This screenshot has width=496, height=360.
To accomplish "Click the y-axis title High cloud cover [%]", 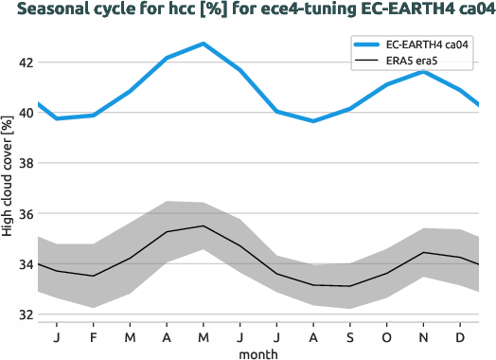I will [8, 189].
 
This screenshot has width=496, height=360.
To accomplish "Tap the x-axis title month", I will [258, 352].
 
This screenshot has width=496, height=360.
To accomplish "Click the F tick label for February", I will [94, 336].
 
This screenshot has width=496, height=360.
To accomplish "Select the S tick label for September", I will [350, 336].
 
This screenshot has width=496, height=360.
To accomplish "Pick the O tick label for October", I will [387, 336].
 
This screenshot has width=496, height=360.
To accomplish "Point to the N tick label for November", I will [424, 336].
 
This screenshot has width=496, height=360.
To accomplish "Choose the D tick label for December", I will [461, 336].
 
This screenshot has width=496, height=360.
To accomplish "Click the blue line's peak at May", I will [204, 44].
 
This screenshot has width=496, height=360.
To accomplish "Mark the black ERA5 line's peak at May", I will [204, 225].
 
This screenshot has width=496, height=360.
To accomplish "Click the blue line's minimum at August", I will [313, 120].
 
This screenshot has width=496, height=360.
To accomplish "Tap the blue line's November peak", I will [424, 72].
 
